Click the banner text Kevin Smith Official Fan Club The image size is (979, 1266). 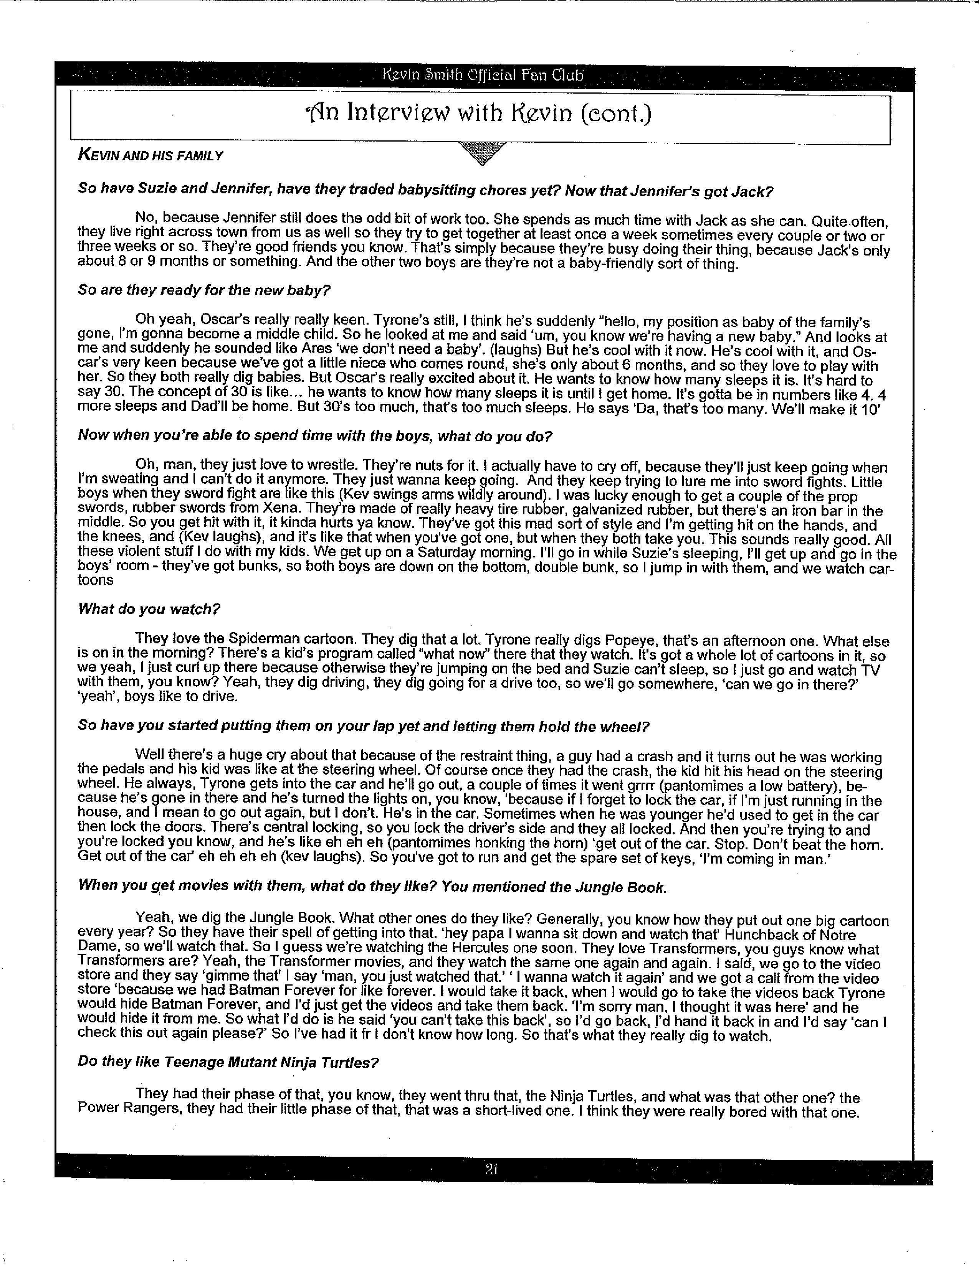pyautogui.click(x=483, y=75)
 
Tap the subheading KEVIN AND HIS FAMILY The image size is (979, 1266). pyautogui.click(x=150, y=155)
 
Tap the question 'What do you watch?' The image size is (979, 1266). pyautogui.click(x=149, y=609)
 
